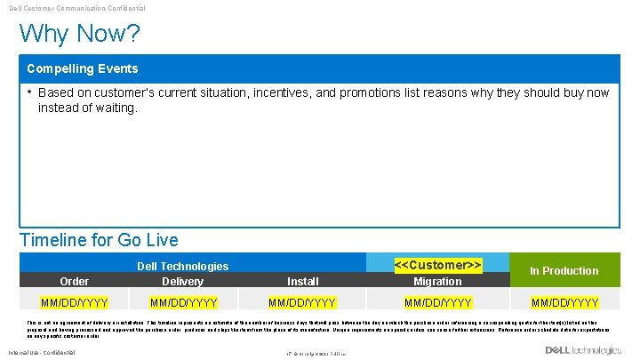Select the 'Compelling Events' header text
82,68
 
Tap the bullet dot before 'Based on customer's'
29,92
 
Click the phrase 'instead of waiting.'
88,108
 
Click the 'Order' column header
74,281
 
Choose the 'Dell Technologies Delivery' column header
182,273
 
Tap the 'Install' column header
303,281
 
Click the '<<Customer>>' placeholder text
437,265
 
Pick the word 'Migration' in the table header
437,281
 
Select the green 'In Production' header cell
564,270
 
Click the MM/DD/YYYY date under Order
74,302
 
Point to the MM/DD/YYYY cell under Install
303,302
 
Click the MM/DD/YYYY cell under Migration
437,302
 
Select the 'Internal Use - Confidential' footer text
42,353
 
